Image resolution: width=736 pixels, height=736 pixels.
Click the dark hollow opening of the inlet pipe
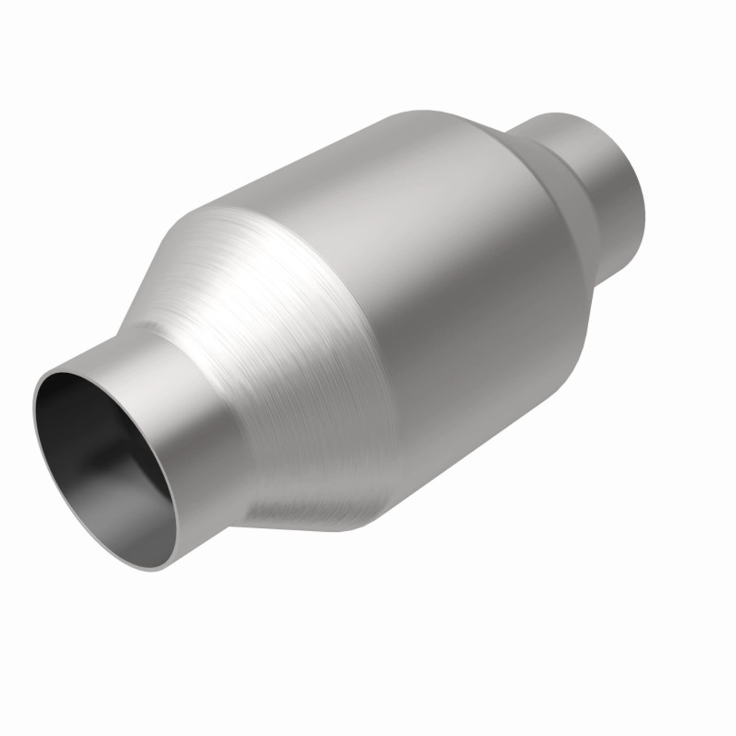[86, 437]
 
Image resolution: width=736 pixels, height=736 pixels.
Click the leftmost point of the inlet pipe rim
[33, 408]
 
